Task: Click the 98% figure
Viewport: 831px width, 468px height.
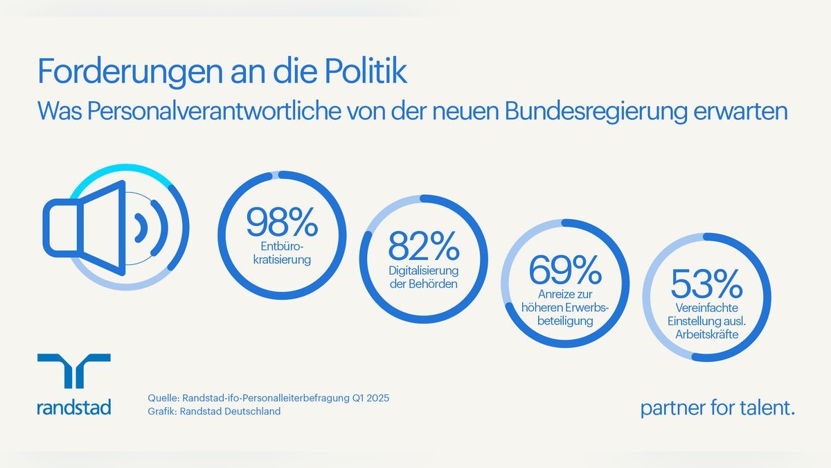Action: [282, 221]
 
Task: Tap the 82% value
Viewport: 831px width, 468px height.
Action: [424, 246]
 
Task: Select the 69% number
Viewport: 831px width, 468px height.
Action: [565, 270]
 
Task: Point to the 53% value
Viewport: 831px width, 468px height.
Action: [706, 284]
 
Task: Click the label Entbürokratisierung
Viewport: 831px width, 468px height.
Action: [282, 254]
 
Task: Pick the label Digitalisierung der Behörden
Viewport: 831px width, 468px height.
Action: [424, 277]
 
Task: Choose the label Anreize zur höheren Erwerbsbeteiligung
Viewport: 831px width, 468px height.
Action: [565, 309]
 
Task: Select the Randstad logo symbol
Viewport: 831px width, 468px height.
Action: [73, 371]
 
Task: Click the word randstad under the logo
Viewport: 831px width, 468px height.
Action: [73, 407]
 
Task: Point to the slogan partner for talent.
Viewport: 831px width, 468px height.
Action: [717, 408]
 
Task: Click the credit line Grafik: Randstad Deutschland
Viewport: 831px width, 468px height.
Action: [215, 411]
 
